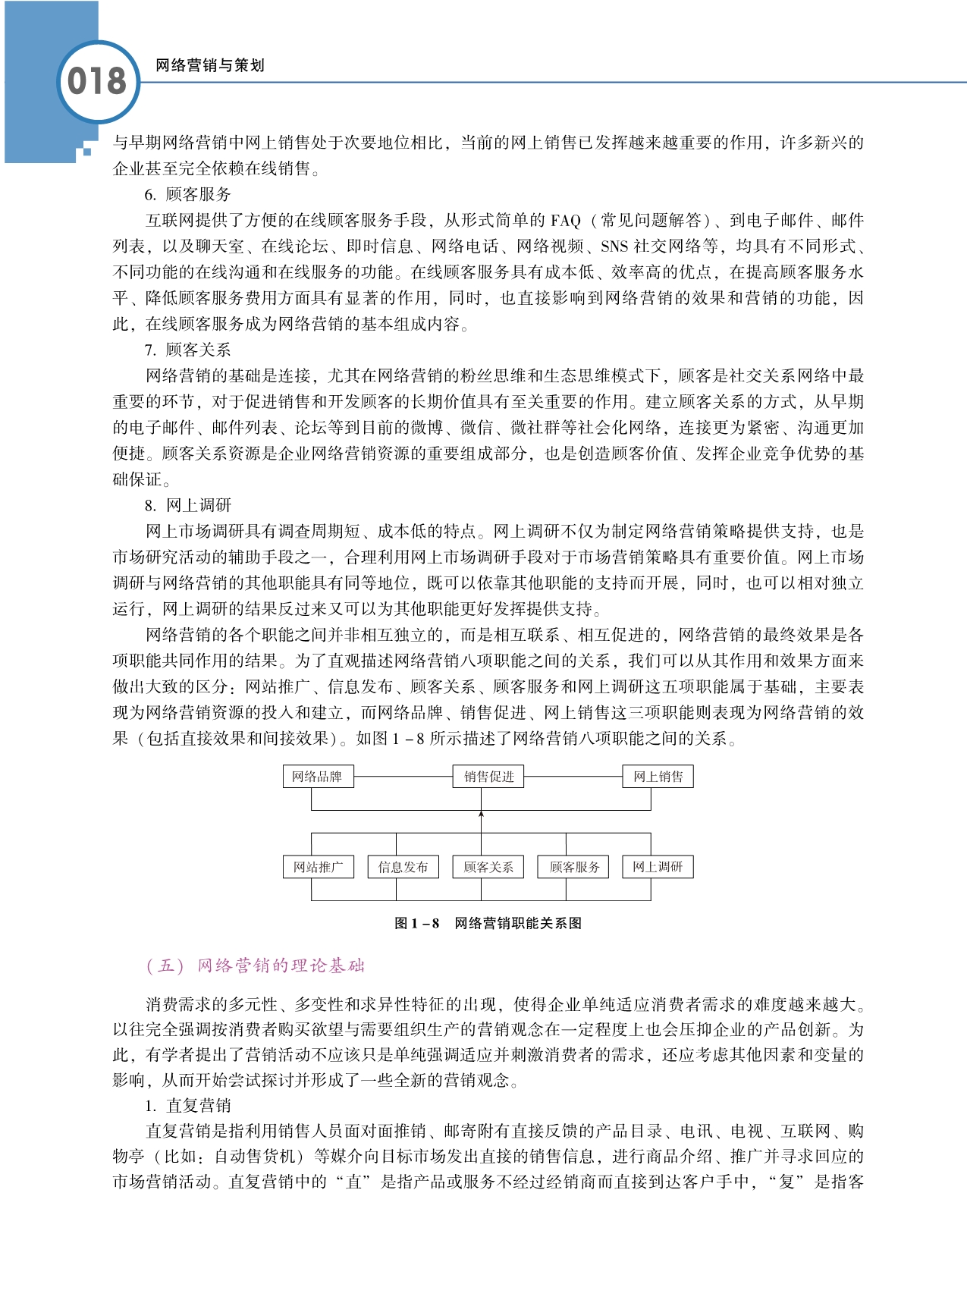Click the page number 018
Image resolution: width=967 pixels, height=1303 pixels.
96,81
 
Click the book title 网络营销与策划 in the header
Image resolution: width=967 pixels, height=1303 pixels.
209,65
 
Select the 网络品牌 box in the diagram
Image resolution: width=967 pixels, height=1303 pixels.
317,777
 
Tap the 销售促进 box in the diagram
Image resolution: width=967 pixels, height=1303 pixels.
489,777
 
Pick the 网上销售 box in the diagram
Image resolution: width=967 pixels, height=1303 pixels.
658,777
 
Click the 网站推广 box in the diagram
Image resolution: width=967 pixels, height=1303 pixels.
318,867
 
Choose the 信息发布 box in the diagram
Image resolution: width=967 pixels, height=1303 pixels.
403,867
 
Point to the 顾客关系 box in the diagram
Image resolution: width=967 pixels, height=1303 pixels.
488,867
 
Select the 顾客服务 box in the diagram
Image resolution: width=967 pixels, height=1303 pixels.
574,867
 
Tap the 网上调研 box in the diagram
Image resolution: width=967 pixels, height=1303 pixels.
658,867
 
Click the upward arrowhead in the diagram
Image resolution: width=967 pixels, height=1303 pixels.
482,815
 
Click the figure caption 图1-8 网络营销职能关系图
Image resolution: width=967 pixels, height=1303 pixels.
488,923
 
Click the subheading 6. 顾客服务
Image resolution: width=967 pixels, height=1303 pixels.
187,194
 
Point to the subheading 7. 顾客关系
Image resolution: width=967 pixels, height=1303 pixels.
187,350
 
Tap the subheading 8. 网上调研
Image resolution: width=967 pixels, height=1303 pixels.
187,505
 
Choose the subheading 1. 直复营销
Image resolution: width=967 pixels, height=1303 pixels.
187,1105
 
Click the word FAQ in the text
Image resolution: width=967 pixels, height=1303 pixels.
565,221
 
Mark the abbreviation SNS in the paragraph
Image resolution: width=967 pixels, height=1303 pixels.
614,246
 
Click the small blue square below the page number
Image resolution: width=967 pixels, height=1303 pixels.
87,152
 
